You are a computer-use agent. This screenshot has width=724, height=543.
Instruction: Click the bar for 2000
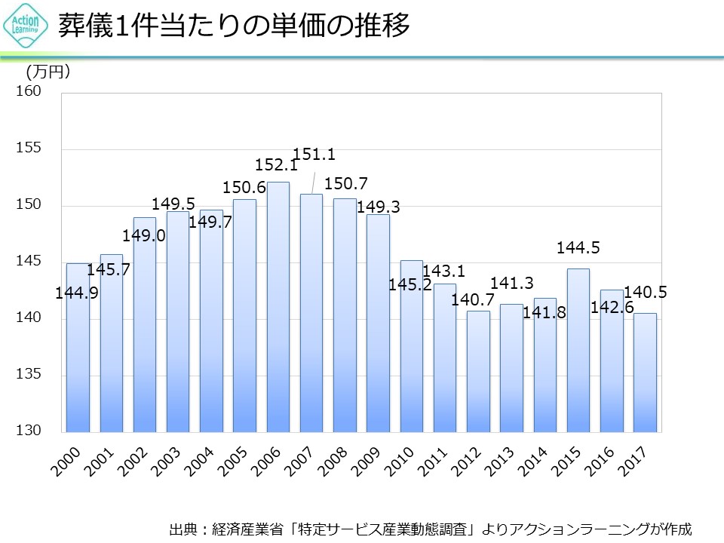coord(78,347)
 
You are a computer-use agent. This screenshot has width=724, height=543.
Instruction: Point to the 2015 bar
coord(578,350)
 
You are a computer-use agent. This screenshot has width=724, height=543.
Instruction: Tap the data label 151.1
coord(314,155)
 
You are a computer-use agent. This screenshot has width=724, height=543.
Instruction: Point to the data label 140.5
coord(646,293)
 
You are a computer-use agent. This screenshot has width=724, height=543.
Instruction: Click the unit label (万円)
coord(48,72)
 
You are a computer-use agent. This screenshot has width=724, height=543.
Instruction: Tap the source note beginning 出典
coord(430,528)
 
